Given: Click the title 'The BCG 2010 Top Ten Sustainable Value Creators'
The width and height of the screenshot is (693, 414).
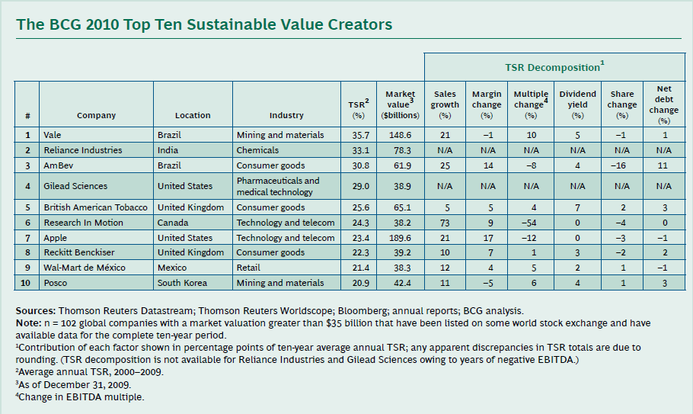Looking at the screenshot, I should click(204, 24).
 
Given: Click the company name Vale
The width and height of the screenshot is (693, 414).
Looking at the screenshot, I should click(53, 135).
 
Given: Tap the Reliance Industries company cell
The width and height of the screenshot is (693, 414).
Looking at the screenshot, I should click(83, 150).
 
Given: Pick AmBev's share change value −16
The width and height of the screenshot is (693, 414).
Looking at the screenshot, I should click(621, 165).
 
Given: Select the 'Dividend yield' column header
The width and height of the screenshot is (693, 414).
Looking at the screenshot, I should click(577, 100).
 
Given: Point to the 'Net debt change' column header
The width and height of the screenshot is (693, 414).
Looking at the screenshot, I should click(663, 104).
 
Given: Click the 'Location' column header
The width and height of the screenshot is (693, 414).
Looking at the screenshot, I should click(193, 115).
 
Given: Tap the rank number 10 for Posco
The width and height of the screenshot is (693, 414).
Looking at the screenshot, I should click(27, 283).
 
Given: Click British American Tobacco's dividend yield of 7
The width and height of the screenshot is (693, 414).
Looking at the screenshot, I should click(577, 207).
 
